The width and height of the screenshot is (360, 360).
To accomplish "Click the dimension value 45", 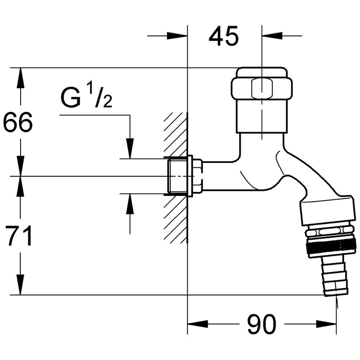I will (224, 36).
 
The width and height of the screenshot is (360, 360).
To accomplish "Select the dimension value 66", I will (18, 122).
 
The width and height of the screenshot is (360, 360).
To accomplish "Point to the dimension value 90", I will (262, 324).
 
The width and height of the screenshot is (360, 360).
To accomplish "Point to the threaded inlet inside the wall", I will (178, 176).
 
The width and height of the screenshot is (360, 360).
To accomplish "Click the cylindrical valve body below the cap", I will (262, 117).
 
